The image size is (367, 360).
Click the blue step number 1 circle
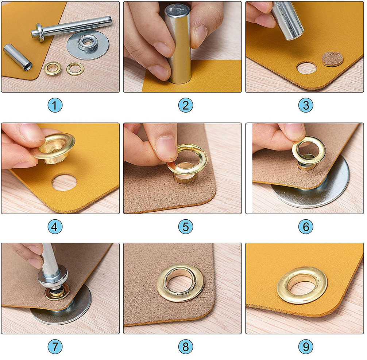(55, 105)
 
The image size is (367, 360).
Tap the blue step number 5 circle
(186, 227)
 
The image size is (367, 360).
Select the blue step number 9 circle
(306, 347)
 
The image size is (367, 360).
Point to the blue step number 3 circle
(306, 105)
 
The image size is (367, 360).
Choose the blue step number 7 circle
(55, 347)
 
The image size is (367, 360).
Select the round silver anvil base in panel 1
(88, 45)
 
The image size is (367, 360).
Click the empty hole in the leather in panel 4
(64, 182)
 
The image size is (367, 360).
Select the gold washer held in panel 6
(309, 150)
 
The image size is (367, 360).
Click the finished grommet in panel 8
(181, 283)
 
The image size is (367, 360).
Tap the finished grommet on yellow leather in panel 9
(302, 285)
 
